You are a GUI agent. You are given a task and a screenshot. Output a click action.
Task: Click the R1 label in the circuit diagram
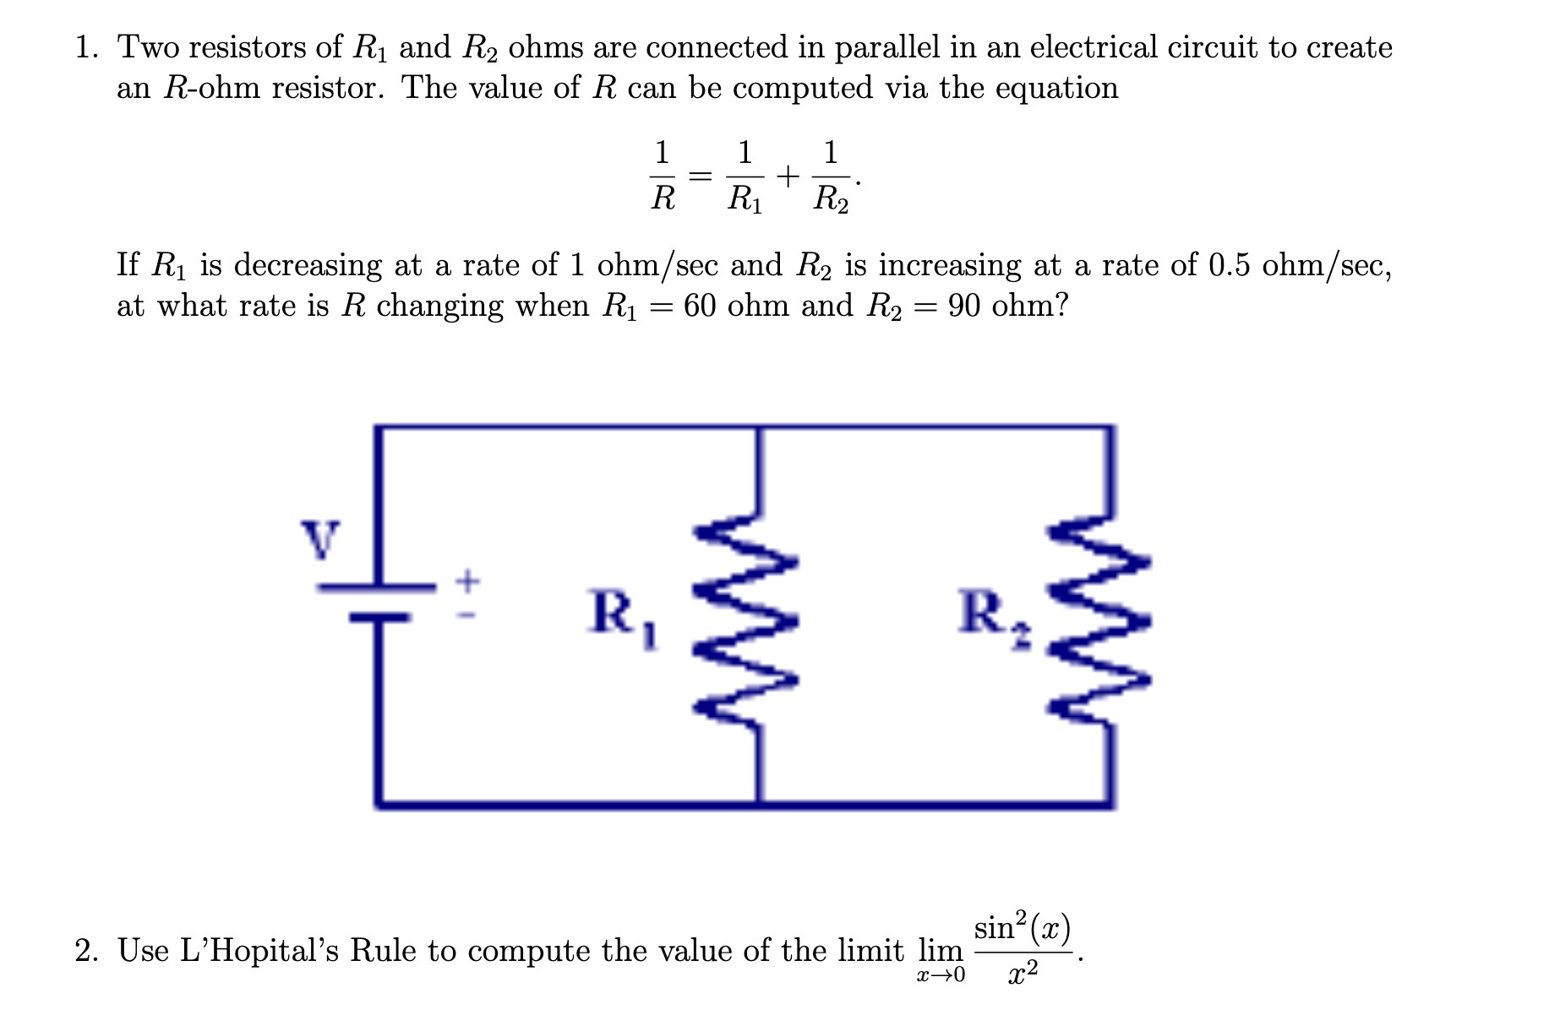(624, 617)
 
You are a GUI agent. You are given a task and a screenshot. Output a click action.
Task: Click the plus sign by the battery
(467, 580)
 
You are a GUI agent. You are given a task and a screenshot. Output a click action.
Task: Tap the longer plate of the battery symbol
(376, 585)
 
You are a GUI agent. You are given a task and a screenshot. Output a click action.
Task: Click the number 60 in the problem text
(701, 306)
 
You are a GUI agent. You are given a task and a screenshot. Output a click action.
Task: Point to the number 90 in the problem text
(964, 306)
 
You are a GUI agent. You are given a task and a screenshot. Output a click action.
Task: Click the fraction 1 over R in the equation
(663, 176)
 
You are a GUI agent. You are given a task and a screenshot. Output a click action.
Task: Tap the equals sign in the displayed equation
(701, 176)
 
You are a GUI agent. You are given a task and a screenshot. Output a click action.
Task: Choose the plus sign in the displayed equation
(787, 176)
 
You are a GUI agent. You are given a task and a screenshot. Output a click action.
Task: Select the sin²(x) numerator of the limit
(1022, 929)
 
